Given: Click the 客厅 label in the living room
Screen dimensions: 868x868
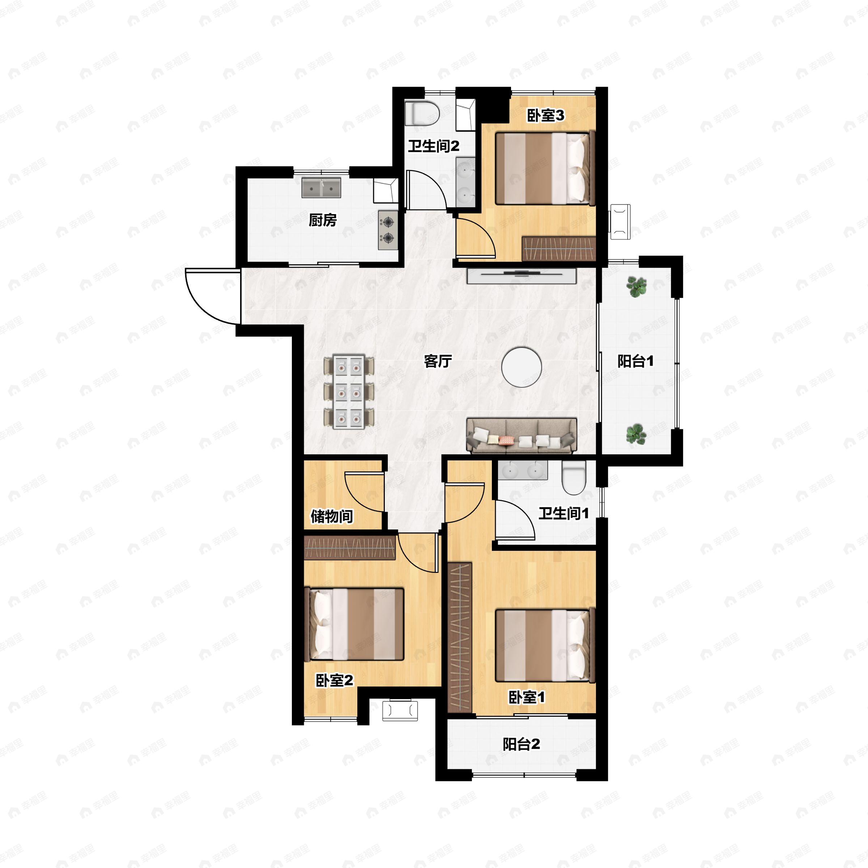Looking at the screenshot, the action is [x=438, y=361].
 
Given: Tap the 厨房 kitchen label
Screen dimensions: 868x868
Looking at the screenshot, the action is [x=323, y=220].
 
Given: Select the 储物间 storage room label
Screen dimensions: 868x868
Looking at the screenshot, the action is [x=332, y=516].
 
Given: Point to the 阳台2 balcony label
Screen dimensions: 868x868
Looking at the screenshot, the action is [x=521, y=744].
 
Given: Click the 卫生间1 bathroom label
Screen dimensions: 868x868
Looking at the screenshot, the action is [x=563, y=513].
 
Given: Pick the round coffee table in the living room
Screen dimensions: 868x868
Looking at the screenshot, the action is [x=522, y=367].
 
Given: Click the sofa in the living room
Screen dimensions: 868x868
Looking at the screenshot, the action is [x=522, y=435].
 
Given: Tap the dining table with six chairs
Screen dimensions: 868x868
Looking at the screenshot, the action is [x=349, y=391].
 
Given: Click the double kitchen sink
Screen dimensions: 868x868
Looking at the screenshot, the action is [x=321, y=187].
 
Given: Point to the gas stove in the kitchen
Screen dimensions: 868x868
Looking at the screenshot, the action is [x=388, y=230].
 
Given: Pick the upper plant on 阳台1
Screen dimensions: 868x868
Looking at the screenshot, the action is [x=636, y=287].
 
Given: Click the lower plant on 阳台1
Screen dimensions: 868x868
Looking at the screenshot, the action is [x=636, y=434].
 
